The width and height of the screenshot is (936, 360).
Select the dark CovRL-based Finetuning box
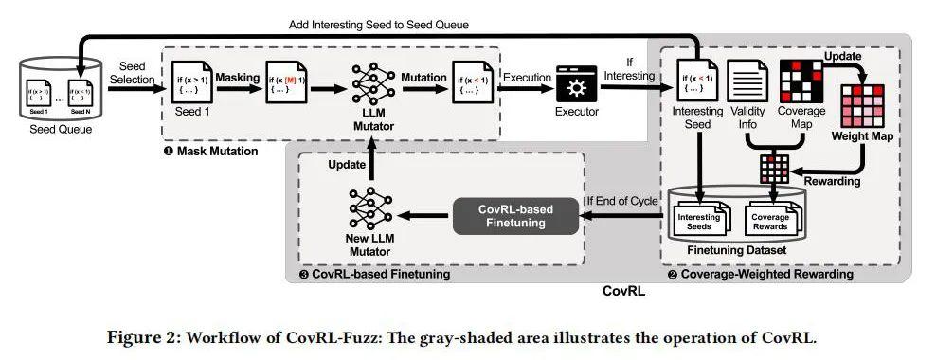pyautogui.click(x=515, y=215)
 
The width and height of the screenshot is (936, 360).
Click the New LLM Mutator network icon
pyautogui.click(x=370, y=207)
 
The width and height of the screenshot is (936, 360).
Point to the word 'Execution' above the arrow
pyautogui.click(x=529, y=75)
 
